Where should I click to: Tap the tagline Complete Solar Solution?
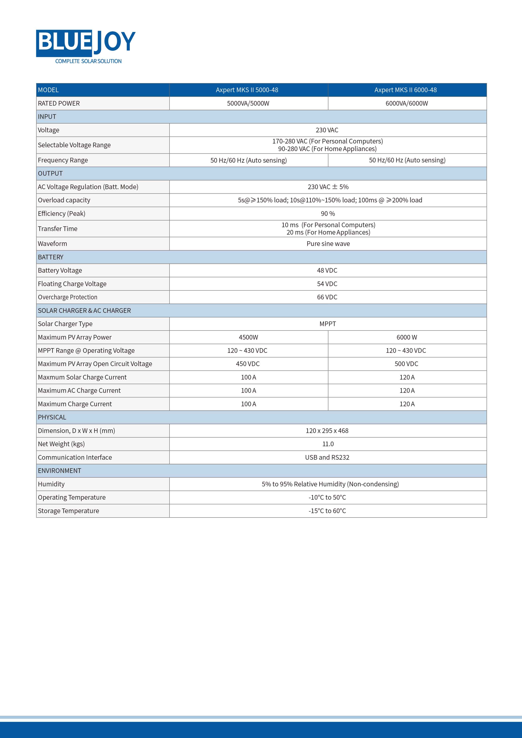pyautogui.click(x=88, y=61)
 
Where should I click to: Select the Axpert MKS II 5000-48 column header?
pyautogui.click(x=247, y=90)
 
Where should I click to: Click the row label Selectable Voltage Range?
pyautogui.click(x=74, y=145)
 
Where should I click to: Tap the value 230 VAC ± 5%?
pyautogui.click(x=328, y=187)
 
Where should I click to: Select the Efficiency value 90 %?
pyautogui.click(x=328, y=214)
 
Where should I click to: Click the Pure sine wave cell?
pyautogui.click(x=328, y=244)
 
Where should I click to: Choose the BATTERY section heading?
pyautogui.click(x=51, y=257)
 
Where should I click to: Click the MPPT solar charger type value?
pyautogui.click(x=327, y=324)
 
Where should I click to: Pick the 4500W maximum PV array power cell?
pyautogui.click(x=248, y=337)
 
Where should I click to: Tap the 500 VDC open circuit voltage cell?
pyautogui.click(x=406, y=364)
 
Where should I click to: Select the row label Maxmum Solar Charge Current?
pyautogui.click(x=82, y=377)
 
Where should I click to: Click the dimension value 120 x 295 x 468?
pyautogui.click(x=327, y=431)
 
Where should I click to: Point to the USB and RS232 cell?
pyautogui.click(x=327, y=457)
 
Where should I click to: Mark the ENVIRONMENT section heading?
pyautogui.click(x=60, y=471)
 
